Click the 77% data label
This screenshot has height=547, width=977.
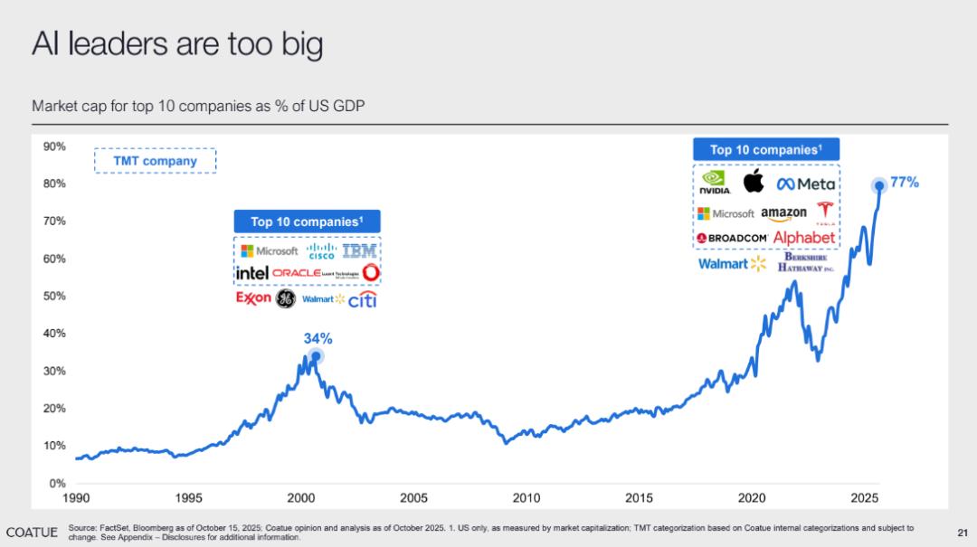905,183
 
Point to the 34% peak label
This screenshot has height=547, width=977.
318,339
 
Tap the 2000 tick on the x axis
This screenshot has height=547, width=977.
301,497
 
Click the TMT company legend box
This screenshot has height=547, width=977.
155,161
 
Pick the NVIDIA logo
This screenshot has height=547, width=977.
715,184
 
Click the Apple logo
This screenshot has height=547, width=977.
754,181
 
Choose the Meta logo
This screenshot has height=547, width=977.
806,184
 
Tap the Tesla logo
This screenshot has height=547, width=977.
824,212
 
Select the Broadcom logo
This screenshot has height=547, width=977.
732,238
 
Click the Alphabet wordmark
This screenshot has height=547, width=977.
804,237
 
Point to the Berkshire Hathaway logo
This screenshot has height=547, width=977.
805,263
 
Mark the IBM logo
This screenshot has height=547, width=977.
359,250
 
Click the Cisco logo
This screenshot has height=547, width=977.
320,250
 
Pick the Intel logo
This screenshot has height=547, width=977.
251,272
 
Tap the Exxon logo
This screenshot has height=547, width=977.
253,297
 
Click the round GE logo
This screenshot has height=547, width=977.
285,299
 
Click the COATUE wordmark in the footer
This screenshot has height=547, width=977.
32,531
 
